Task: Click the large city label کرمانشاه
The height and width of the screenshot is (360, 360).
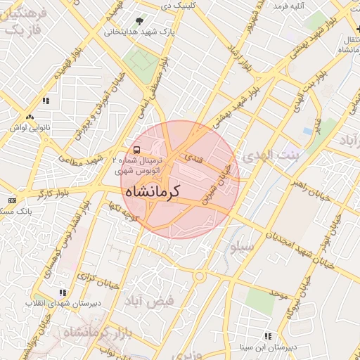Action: point(152,191)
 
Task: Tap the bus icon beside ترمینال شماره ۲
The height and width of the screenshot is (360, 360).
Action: point(136,150)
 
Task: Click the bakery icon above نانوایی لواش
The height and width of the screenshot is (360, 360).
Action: point(29,117)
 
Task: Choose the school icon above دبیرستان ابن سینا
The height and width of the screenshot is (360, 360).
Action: point(267,337)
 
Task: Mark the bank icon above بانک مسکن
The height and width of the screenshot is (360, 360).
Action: point(11,200)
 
